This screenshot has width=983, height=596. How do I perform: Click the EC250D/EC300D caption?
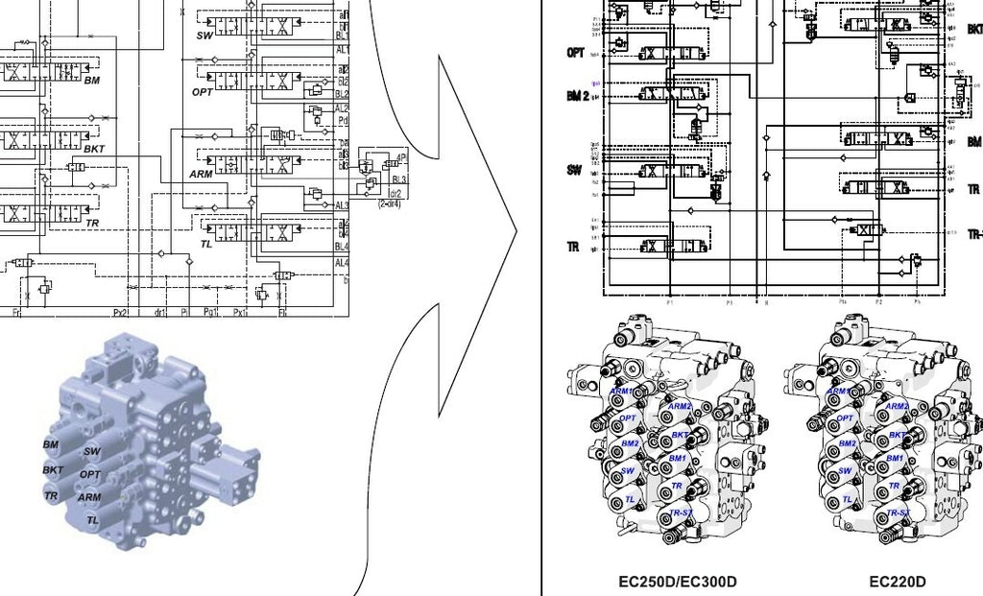point(678,582)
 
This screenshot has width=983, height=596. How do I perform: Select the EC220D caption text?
point(897,582)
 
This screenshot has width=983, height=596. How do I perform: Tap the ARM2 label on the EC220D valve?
point(897,406)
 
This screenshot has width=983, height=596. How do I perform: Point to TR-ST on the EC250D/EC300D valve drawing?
point(683,513)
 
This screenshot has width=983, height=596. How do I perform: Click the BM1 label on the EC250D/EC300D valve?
point(678,459)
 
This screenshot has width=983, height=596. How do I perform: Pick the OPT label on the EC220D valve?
point(845,418)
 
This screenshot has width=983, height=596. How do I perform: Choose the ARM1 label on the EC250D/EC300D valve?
point(622,391)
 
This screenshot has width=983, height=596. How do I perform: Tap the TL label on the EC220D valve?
point(848,500)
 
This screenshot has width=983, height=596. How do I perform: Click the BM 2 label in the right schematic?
point(577,97)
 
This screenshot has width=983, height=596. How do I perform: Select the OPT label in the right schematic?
point(576,53)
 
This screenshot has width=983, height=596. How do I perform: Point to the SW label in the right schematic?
point(574,170)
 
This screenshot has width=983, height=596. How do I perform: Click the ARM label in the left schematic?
point(201,174)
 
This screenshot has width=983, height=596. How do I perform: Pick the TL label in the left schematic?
point(205,244)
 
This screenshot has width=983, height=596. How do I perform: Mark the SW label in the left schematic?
point(204,36)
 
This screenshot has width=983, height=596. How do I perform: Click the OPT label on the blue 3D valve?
point(89,474)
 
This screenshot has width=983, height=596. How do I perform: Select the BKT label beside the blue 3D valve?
point(53,470)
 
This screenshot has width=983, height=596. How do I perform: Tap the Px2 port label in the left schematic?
point(120,312)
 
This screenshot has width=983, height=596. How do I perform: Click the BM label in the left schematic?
point(91,80)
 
